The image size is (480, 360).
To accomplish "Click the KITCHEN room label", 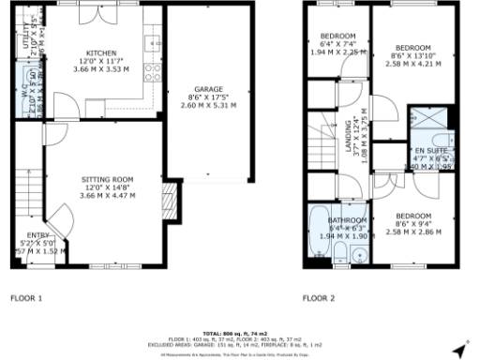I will [x=100, y=53].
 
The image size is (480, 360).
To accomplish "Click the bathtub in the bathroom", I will [x=320, y=229].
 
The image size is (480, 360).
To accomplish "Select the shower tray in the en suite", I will [x=424, y=121].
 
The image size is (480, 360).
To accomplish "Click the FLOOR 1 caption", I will [x=25, y=299].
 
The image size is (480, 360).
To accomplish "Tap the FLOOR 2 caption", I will [x=318, y=299].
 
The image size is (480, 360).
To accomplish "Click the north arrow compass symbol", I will [x=458, y=350].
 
